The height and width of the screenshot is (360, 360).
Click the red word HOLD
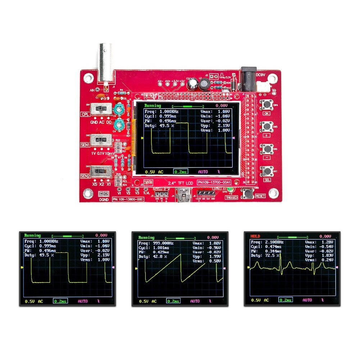pos(255,236)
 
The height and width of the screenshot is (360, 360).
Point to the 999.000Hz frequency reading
pos(161,243)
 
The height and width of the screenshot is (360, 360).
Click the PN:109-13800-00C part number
pos(128,199)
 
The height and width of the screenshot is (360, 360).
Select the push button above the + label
pos(267,127)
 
